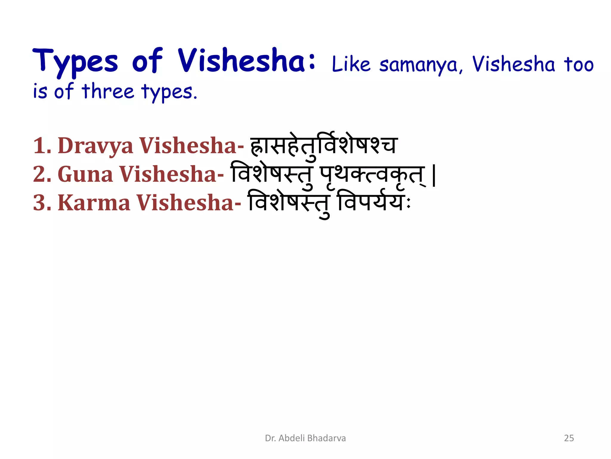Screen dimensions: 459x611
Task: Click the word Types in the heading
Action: click(75, 62)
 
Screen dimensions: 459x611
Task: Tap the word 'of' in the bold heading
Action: click(147, 61)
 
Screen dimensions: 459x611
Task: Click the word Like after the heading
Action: click(351, 64)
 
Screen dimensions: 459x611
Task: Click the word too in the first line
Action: click(578, 64)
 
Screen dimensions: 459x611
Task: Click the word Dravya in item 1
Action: click(95, 146)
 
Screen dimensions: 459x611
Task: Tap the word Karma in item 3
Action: click(94, 203)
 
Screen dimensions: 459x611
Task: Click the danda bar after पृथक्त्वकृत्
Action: click(434, 176)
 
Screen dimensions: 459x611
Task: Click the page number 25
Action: click(569, 438)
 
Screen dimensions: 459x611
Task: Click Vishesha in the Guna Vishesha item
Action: click(171, 174)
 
